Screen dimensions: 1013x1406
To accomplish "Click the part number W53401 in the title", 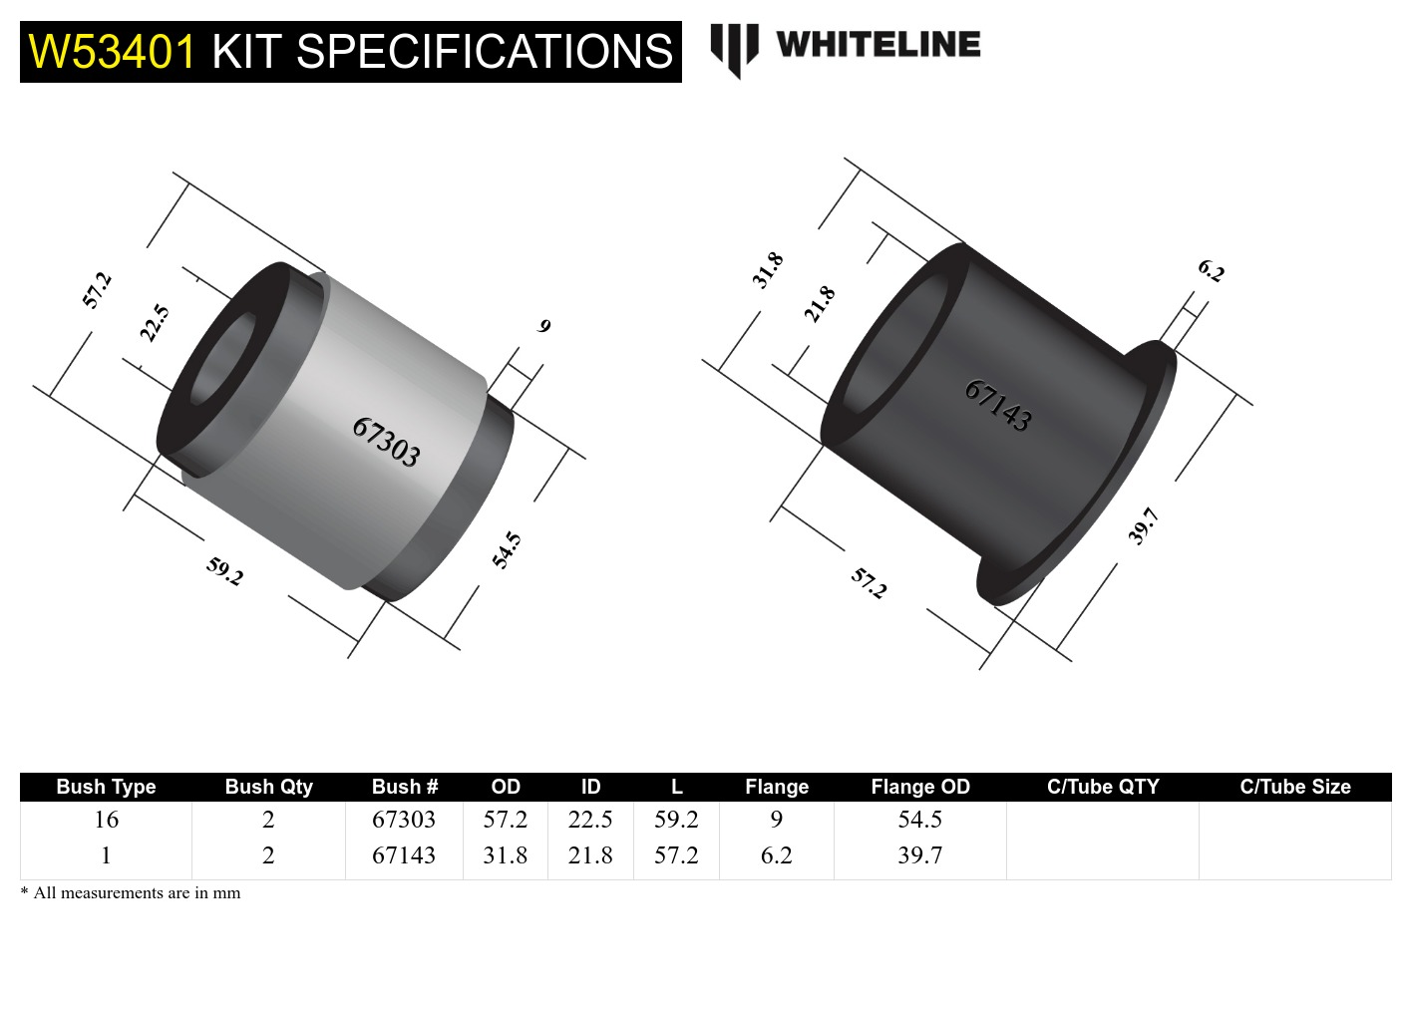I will (112, 52).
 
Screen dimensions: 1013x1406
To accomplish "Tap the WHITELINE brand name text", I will (878, 45).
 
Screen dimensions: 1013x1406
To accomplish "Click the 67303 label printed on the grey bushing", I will (386, 443).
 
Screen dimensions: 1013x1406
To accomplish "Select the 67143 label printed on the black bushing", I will (997, 405).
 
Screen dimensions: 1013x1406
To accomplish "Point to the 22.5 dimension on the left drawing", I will (155, 323).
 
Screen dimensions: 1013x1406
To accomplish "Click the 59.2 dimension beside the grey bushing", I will (224, 571).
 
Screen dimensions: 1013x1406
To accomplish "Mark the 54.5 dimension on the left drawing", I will (507, 549).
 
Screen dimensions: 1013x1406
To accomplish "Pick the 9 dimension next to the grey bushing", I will (543, 326).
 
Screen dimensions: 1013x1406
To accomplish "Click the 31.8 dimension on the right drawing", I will (768, 270).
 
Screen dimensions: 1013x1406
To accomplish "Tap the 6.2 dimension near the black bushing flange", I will (1211, 270).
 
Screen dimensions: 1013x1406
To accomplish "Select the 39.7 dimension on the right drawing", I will (1143, 525).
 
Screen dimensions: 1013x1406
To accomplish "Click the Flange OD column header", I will (919, 787).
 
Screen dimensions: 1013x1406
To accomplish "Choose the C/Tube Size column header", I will (1294, 787).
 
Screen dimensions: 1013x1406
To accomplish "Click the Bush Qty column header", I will (268, 787).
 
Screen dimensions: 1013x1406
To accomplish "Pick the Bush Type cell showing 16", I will (106, 820).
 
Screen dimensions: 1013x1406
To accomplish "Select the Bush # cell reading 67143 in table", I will (404, 855).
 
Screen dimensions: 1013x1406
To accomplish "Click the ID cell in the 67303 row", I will (590, 820).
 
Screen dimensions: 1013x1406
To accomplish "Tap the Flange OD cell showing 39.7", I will (919, 855).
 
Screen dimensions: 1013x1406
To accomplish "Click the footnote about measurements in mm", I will (131, 893).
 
